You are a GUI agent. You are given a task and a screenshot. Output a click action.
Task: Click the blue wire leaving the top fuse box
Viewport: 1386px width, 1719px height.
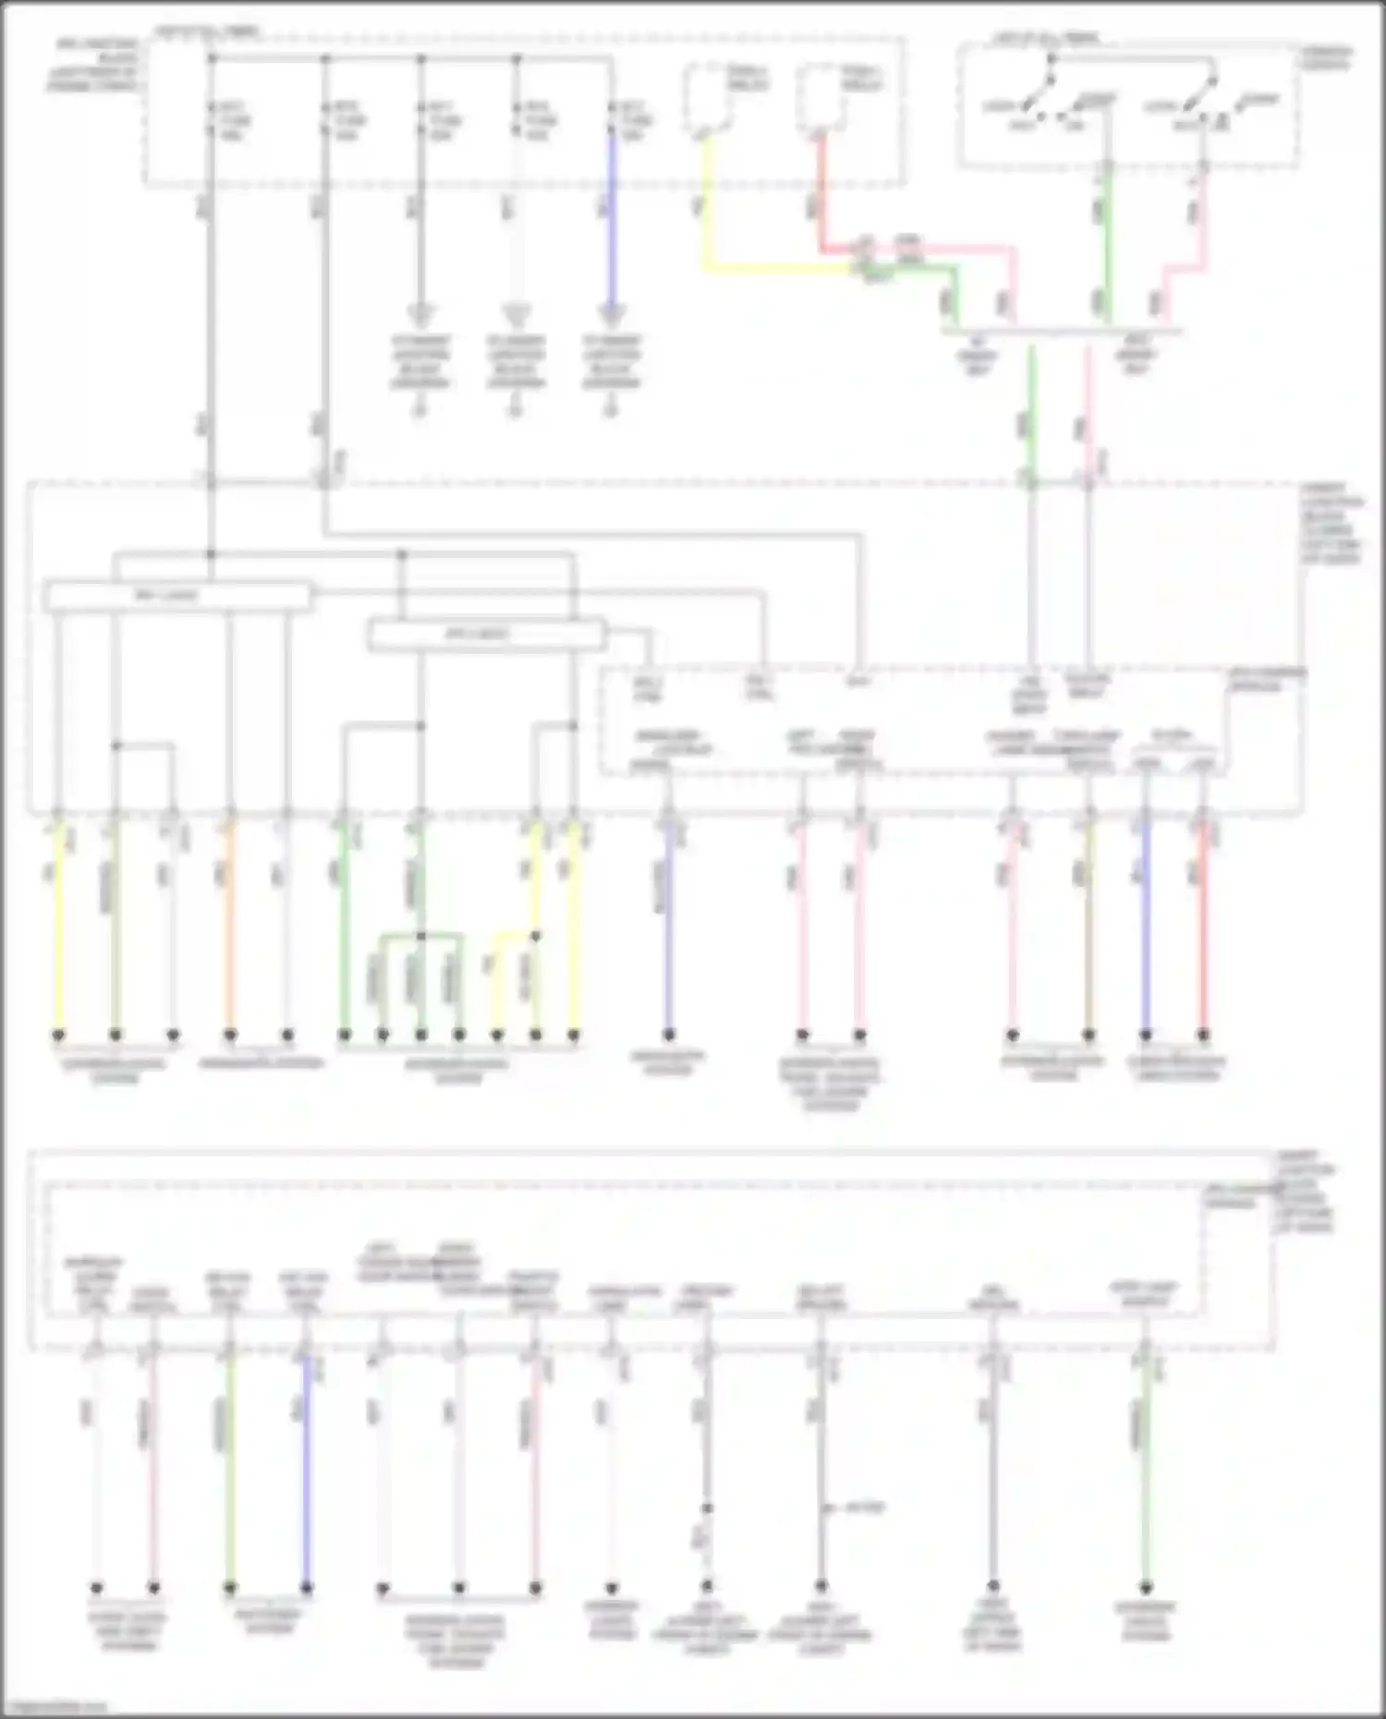pyautogui.click(x=610, y=231)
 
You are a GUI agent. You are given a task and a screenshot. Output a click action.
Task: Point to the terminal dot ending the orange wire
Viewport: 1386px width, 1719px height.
pyautogui.click(x=230, y=1035)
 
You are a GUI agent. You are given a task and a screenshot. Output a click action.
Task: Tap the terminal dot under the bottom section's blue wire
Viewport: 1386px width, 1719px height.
pyautogui.click(x=307, y=1589)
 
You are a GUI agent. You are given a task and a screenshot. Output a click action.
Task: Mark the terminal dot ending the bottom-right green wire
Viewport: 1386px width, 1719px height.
pyautogui.click(x=1145, y=1589)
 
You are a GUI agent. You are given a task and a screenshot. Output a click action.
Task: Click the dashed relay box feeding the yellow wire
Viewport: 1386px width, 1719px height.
pyautogui.click(x=708, y=98)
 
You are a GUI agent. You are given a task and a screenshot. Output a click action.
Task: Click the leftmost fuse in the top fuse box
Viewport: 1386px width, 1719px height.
pyautogui.click(x=212, y=120)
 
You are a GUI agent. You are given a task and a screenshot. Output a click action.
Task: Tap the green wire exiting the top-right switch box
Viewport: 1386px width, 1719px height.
pyautogui.click(x=1106, y=240)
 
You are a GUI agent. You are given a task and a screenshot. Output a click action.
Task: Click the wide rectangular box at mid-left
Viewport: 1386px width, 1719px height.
pyautogui.click(x=177, y=597)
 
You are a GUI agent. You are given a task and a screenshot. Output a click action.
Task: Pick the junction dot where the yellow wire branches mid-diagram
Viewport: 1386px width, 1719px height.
pyautogui.click(x=535, y=937)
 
